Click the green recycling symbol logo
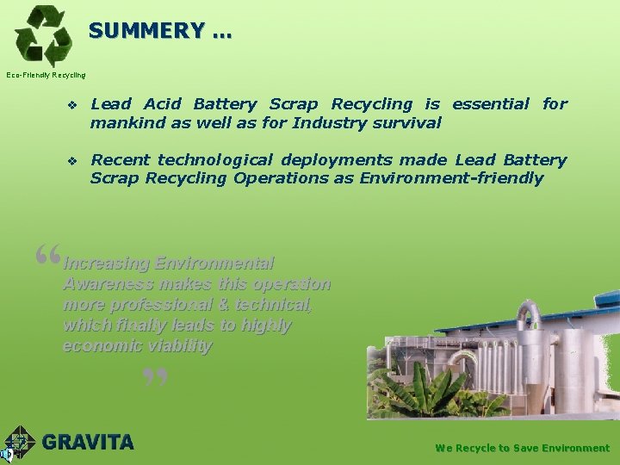43,35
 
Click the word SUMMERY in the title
146,30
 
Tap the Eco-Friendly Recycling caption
46,75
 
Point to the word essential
491,104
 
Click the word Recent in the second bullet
121,160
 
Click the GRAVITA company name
88,443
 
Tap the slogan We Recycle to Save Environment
522,448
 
